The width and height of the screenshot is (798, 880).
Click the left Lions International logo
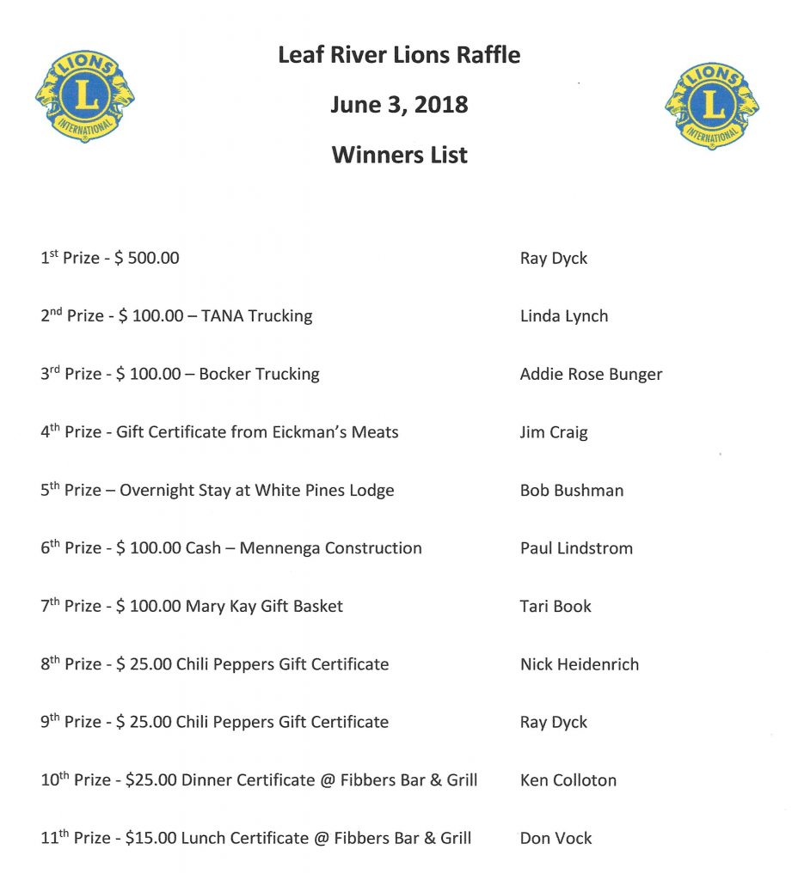coord(85,95)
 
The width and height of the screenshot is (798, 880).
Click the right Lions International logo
coord(712,106)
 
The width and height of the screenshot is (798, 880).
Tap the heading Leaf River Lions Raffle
coord(399,56)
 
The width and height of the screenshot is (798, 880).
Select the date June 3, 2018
coord(399,105)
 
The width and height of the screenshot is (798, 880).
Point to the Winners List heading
coord(399,155)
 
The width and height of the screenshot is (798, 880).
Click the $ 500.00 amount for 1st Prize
coord(146,258)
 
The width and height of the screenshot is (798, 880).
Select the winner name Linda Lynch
coord(564,316)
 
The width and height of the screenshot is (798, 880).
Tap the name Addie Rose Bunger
coord(591,374)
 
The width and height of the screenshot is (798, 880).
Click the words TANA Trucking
coord(256,316)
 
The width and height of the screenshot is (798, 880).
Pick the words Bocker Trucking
coord(259,374)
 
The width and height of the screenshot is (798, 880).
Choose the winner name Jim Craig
coord(554,432)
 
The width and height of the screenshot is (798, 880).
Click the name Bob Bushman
coord(572,491)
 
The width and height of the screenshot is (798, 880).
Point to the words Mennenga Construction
coord(330,548)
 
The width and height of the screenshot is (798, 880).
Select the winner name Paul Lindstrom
coord(576,548)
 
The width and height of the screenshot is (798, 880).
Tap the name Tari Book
coord(556,607)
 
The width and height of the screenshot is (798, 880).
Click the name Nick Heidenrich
coord(580,664)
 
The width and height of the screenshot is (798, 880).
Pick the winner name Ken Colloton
coord(568,780)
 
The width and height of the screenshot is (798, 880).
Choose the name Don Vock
coord(556,838)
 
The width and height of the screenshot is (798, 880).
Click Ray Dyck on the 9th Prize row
coord(554,723)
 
